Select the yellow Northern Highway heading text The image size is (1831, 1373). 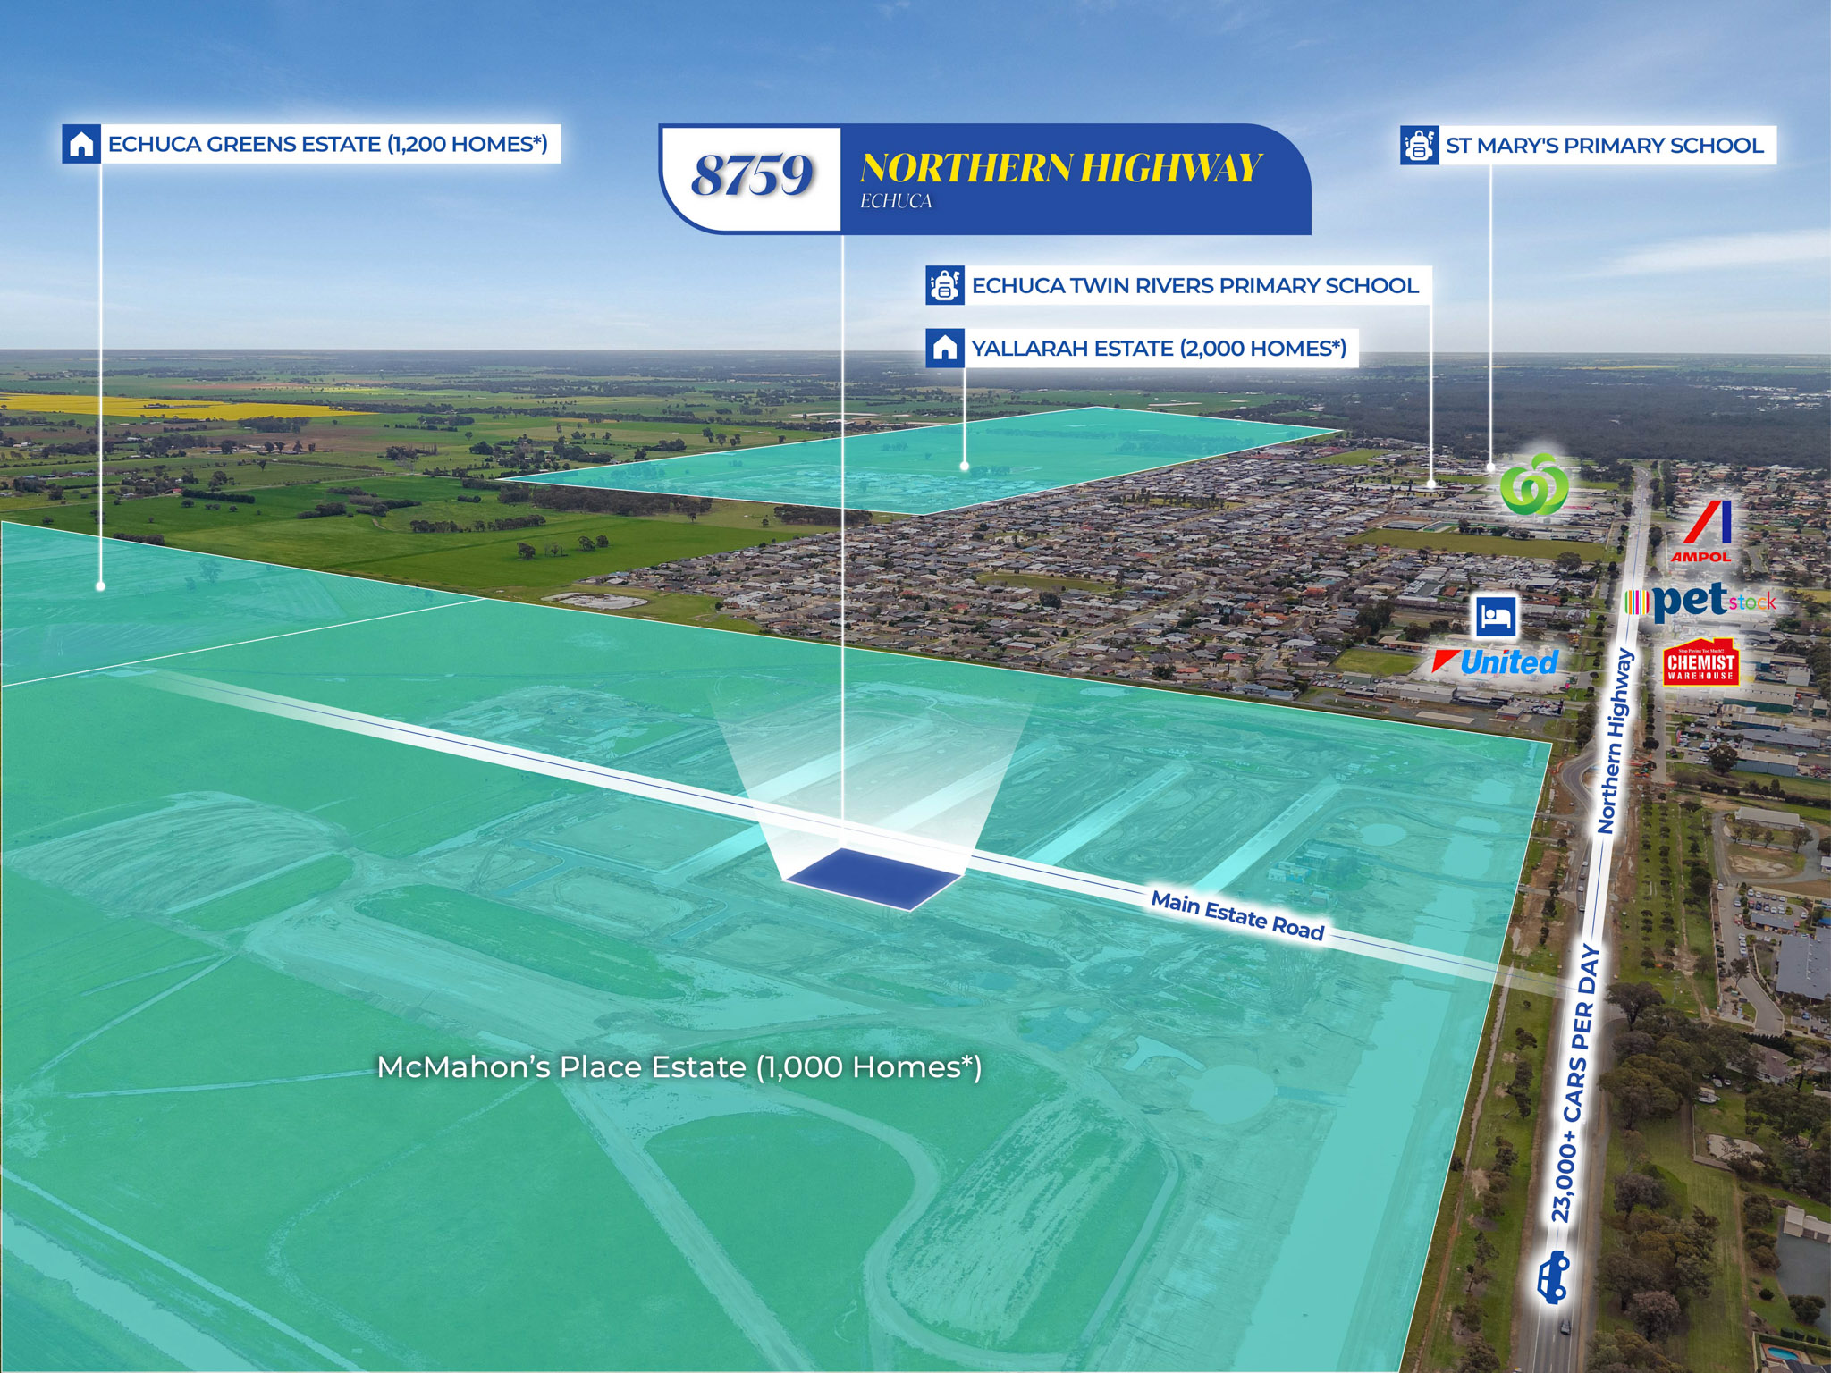pyautogui.click(x=1060, y=168)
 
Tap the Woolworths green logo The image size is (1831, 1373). pyautogui.click(x=1532, y=484)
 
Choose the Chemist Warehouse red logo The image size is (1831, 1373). pyautogui.click(x=1700, y=662)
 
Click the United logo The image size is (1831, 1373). pyautogui.click(x=1495, y=662)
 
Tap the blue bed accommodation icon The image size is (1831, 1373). pyautogui.click(x=1496, y=615)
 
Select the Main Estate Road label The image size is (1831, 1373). pyautogui.click(x=1237, y=916)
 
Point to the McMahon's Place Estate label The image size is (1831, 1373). pyautogui.click(x=679, y=1067)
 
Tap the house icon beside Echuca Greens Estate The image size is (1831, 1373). pyautogui.click(x=81, y=144)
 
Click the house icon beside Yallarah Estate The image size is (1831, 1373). pyautogui.click(x=945, y=348)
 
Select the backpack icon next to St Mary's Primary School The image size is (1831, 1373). pyautogui.click(x=1419, y=146)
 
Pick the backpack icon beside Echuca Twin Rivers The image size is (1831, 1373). pyautogui.click(x=945, y=286)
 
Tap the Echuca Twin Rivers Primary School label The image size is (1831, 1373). pyautogui.click(x=1195, y=286)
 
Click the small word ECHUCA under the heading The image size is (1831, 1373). pyautogui.click(x=896, y=202)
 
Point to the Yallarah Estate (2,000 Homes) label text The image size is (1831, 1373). pyautogui.click(x=1159, y=349)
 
